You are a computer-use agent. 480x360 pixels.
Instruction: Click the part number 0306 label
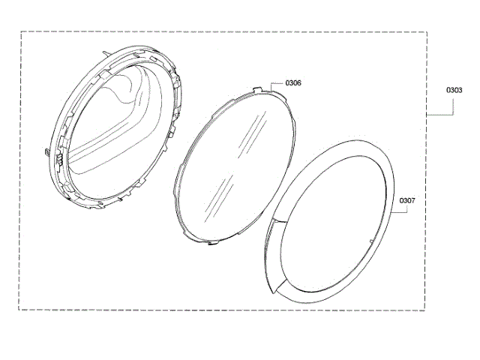293,83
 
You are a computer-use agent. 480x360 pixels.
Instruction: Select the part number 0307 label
407,200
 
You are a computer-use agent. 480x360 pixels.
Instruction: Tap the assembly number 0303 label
454,90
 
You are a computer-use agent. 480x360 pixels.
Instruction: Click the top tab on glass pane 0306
258,88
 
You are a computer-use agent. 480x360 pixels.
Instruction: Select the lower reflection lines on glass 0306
220,196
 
